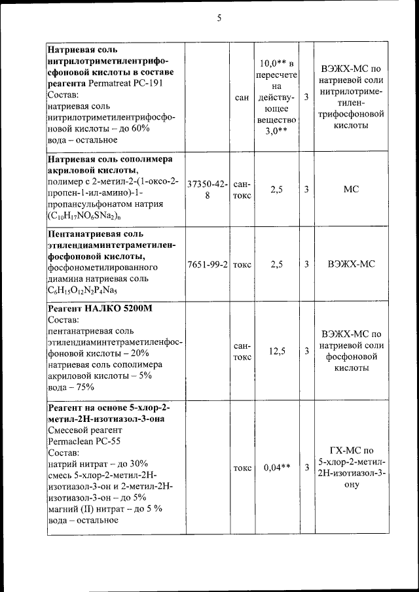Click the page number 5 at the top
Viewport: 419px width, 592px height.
point(219,18)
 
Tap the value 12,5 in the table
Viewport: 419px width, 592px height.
point(277,351)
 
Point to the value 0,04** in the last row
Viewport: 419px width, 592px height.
point(277,468)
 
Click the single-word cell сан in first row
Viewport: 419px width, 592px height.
point(242,97)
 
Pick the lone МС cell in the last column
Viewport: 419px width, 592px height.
point(351,189)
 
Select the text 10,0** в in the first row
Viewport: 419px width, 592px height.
point(277,63)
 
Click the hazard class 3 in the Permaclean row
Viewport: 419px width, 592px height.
point(306,468)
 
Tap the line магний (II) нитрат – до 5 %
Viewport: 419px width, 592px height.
point(105,508)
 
